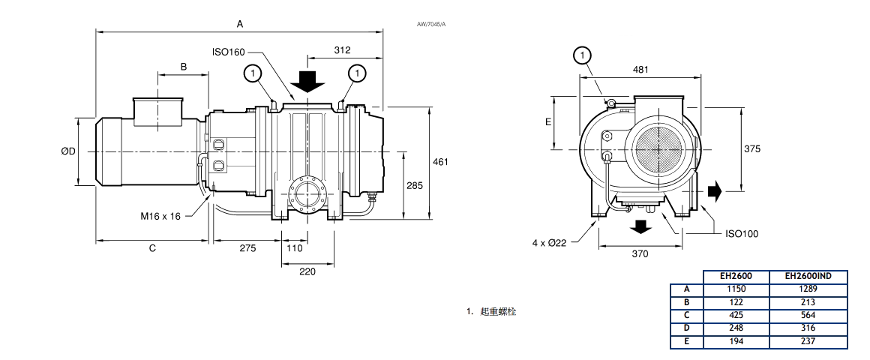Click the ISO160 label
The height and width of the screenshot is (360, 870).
tap(229, 52)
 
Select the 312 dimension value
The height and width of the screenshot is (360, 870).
tap(342, 50)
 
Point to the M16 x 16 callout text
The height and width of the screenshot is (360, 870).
tap(162, 216)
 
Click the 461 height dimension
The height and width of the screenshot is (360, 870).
tap(442, 161)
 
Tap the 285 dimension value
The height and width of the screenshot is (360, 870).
tap(415, 185)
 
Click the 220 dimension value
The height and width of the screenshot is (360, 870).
tap(307, 271)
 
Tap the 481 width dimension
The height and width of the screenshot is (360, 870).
tap(640, 69)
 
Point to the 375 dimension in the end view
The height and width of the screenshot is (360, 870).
tap(751, 148)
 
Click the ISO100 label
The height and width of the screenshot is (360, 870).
tap(742, 233)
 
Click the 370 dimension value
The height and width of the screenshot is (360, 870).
tap(639, 253)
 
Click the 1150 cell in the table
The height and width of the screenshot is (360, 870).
tap(736, 288)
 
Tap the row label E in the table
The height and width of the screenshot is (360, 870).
tap(686, 342)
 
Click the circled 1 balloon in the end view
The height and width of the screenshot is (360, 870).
tap(582, 55)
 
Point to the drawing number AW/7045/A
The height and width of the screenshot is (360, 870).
tap(431, 25)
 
